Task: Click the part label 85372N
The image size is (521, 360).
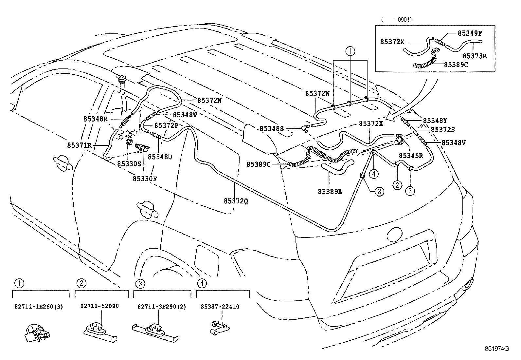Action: (209, 101)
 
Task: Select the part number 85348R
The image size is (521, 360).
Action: (95, 119)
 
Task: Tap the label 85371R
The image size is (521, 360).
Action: (80, 145)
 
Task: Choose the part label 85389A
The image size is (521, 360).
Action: (330, 192)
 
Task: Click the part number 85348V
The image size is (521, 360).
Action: (454, 142)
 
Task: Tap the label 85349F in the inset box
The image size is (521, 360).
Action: (470, 33)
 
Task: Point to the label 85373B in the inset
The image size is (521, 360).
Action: (475, 56)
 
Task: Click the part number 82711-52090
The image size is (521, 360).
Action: (99, 306)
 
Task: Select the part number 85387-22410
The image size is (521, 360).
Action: (220, 307)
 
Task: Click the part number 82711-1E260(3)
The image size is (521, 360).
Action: (39, 307)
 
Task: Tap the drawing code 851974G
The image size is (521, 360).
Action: (497, 349)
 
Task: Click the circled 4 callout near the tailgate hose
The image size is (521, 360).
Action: (375, 174)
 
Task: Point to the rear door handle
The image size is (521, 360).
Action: (148, 209)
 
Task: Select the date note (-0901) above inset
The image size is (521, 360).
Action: (396, 20)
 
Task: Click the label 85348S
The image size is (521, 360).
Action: (272, 129)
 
